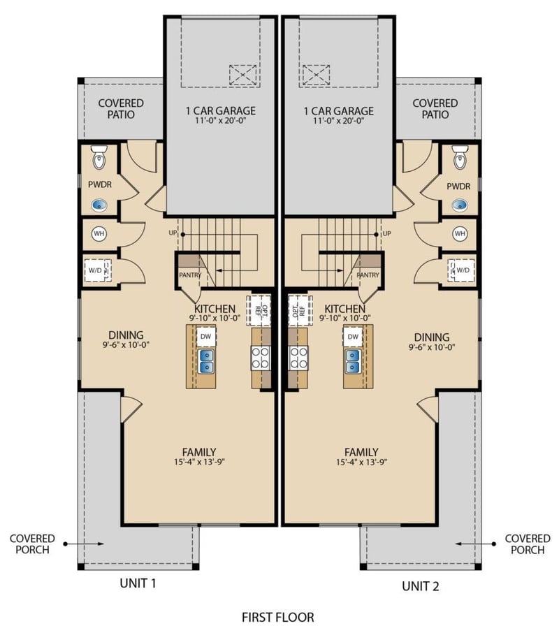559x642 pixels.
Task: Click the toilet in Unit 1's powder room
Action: click(x=99, y=157)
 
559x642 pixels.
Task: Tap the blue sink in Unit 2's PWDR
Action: click(x=460, y=205)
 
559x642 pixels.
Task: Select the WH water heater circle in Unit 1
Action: click(x=99, y=234)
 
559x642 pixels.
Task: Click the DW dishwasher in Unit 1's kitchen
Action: click(x=206, y=337)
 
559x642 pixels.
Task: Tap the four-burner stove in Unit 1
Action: click(x=261, y=358)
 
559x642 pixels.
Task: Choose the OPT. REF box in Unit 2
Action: click(x=298, y=311)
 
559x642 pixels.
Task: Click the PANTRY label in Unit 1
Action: click(x=190, y=275)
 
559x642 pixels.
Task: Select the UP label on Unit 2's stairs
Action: click(x=386, y=233)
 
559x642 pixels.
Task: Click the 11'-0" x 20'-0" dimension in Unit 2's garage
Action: click(x=339, y=121)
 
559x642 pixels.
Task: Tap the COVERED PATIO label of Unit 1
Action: click(x=121, y=108)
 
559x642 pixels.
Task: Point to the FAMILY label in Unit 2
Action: click(x=361, y=452)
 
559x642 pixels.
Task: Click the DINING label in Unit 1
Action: click(x=126, y=335)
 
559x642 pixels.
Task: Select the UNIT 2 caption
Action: click(x=421, y=586)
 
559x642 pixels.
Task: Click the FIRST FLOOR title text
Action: click(x=277, y=617)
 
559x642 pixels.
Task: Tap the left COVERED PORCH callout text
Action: click(x=32, y=544)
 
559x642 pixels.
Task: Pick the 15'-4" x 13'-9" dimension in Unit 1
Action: click(x=199, y=462)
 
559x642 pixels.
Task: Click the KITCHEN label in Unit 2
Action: click(x=344, y=308)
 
